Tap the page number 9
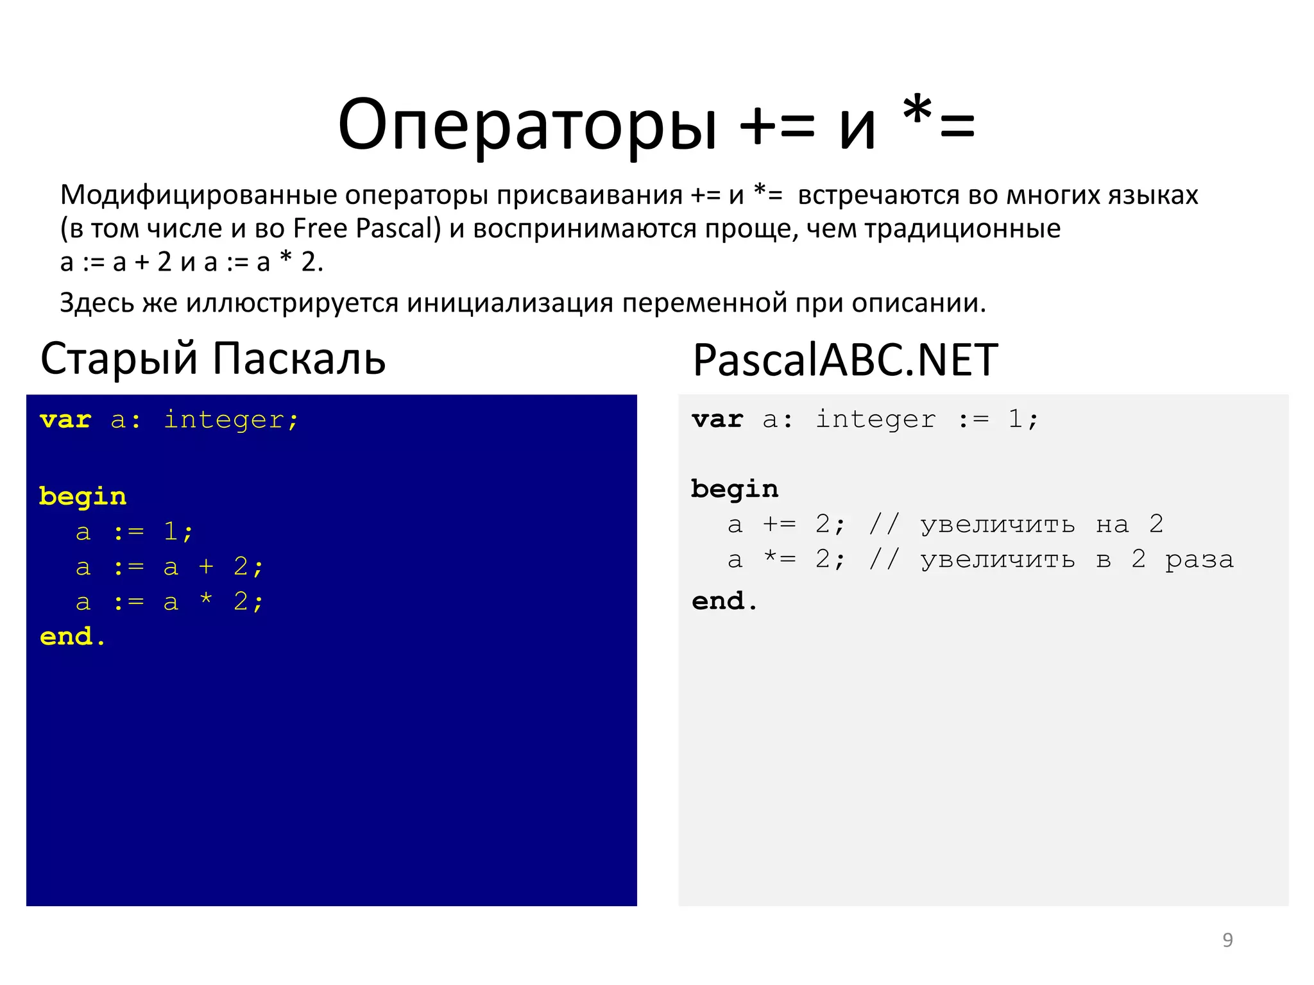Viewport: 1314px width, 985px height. pos(1227,940)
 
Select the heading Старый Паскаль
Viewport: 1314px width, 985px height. pos(213,358)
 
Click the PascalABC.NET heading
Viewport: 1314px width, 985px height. pos(845,360)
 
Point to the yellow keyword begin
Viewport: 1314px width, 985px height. pos(83,497)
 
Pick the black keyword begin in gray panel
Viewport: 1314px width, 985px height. pos(735,490)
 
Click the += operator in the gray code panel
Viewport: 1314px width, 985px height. pos(780,525)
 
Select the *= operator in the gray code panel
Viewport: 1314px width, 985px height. pos(780,559)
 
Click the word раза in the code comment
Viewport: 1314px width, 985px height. pos(1199,560)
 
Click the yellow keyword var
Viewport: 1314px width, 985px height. pos(65,420)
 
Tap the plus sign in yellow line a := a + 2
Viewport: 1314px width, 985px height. pos(206,566)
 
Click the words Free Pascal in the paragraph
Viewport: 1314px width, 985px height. pos(366,228)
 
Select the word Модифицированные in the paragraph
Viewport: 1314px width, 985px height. pos(199,195)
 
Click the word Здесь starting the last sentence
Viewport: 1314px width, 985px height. pos(96,303)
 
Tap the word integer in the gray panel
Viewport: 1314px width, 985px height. pos(876,420)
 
